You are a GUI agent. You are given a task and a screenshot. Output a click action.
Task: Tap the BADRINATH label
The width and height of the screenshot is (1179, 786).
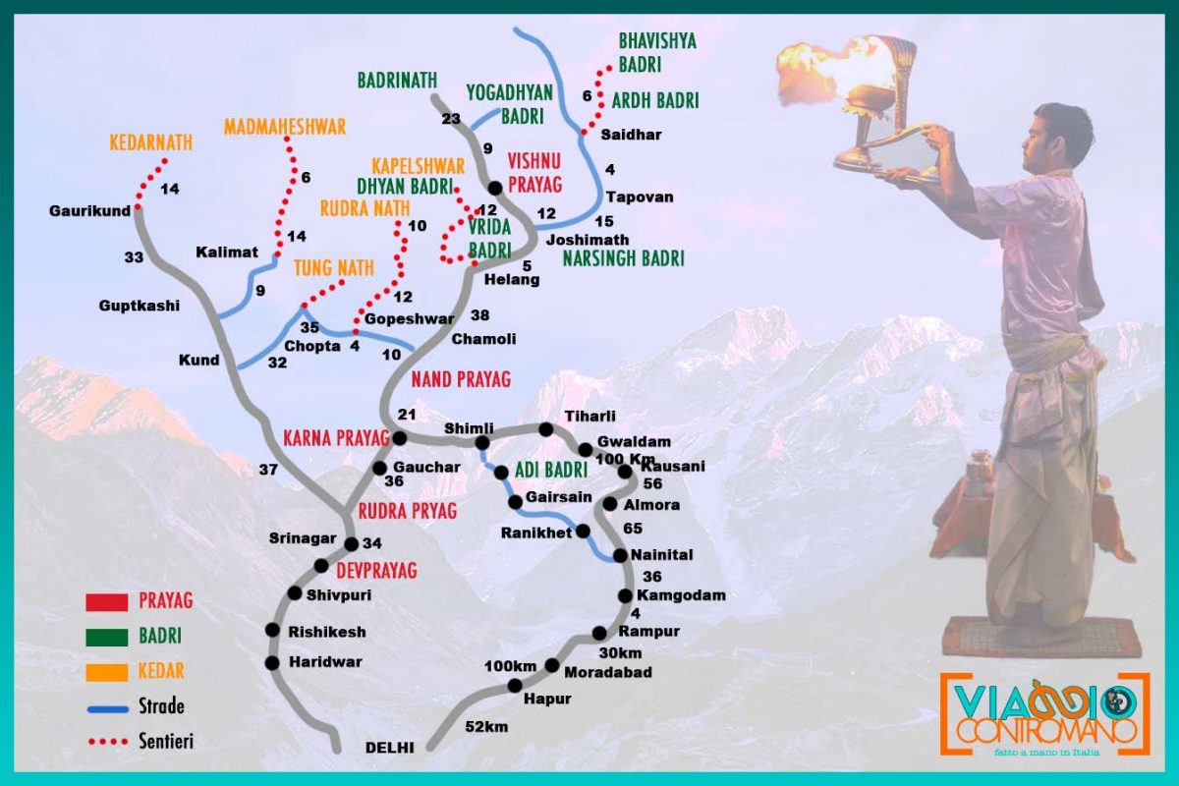397,80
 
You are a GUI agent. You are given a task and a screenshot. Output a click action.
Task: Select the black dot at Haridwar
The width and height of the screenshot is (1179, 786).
272,663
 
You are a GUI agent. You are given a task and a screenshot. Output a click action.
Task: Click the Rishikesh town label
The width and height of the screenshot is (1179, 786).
327,632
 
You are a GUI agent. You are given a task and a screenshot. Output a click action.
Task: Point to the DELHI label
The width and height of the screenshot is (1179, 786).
390,746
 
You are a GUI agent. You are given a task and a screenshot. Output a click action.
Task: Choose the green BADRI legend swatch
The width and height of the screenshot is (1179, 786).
107,637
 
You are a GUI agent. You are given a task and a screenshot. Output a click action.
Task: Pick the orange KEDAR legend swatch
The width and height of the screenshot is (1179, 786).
107,672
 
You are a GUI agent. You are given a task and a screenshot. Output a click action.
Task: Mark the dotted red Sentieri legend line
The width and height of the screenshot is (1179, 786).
107,742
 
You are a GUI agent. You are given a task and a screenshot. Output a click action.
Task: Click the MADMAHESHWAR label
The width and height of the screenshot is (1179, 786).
285,128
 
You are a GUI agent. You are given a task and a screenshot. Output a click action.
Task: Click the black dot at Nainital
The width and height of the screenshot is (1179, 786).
620,556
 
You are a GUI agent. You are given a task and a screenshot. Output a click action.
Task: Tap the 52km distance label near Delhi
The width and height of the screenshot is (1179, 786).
485,727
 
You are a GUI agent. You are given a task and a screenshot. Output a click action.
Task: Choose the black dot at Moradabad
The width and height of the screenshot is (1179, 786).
552,665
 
